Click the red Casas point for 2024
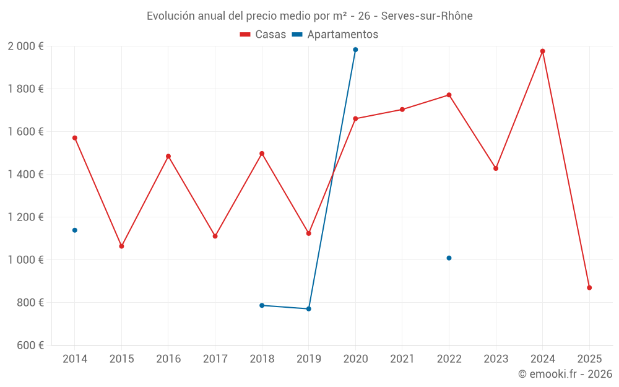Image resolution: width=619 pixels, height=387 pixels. [542, 51]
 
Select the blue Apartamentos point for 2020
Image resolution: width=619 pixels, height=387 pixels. [355, 50]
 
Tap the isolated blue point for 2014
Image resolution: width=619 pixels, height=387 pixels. [75, 230]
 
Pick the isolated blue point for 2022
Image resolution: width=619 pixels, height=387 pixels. [449, 258]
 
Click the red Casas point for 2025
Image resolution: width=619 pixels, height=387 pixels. [589, 288]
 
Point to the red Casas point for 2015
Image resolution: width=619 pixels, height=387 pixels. [121, 246]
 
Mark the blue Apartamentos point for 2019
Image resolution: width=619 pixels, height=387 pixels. [309, 309]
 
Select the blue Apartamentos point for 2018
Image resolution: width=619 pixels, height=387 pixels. [262, 305]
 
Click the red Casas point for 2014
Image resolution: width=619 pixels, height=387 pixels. [75, 138]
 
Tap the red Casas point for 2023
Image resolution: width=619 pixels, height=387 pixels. [496, 168]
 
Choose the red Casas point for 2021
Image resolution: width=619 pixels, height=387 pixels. [402, 110]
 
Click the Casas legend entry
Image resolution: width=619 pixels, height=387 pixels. [263, 35]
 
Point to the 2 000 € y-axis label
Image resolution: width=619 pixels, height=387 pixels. [25, 46]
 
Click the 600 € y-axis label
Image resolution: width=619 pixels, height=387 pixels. [30, 346]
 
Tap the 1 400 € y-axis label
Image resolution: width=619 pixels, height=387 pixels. [25, 175]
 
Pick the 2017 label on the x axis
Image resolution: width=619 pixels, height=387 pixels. [215, 359]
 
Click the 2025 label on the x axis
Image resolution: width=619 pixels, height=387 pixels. [589, 359]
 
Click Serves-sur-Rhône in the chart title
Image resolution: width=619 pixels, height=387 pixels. [426, 16]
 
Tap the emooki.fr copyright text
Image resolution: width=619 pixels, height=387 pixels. [565, 374]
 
